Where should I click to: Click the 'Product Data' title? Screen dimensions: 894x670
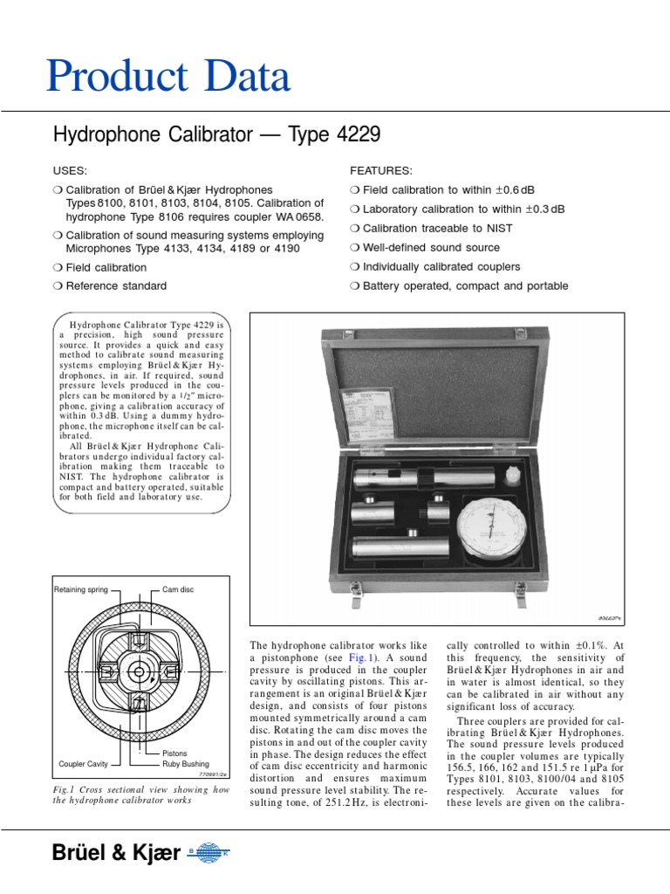coord(167,77)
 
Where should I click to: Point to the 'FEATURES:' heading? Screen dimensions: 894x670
coord(381,170)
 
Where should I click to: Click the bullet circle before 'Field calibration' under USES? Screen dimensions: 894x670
coord(58,268)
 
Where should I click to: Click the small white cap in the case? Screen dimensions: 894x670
coord(513,477)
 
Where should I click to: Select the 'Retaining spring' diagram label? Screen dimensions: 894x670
coord(81,589)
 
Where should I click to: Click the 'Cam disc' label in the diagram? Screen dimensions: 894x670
coord(178,589)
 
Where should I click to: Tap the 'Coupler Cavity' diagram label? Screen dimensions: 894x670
coord(84,764)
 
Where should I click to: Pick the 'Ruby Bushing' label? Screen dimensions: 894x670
coord(186,764)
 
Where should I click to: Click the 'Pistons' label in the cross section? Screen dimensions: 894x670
coord(175,753)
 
